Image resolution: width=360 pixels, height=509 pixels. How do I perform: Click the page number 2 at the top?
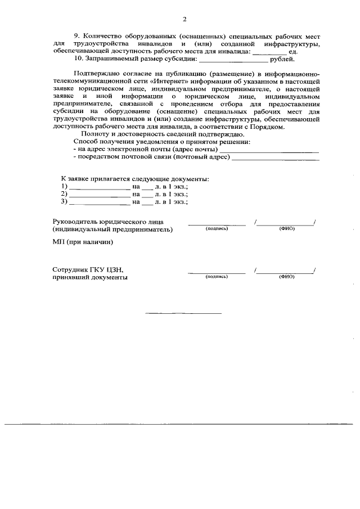click(x=184, y=20)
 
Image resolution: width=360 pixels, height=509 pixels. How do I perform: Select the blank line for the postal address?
click(x=275, y=158)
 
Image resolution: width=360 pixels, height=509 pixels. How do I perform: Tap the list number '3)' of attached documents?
click(x=64, y=201)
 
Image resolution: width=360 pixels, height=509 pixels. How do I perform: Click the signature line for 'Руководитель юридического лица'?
click(x=217, y=223)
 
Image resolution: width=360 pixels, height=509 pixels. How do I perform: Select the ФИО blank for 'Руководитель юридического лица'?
click(x=286, y=223)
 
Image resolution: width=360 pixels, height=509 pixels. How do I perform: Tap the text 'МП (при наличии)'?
click(x=83, y=242)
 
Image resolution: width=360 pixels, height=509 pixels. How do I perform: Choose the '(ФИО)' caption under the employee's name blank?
click(x=286, y=277)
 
